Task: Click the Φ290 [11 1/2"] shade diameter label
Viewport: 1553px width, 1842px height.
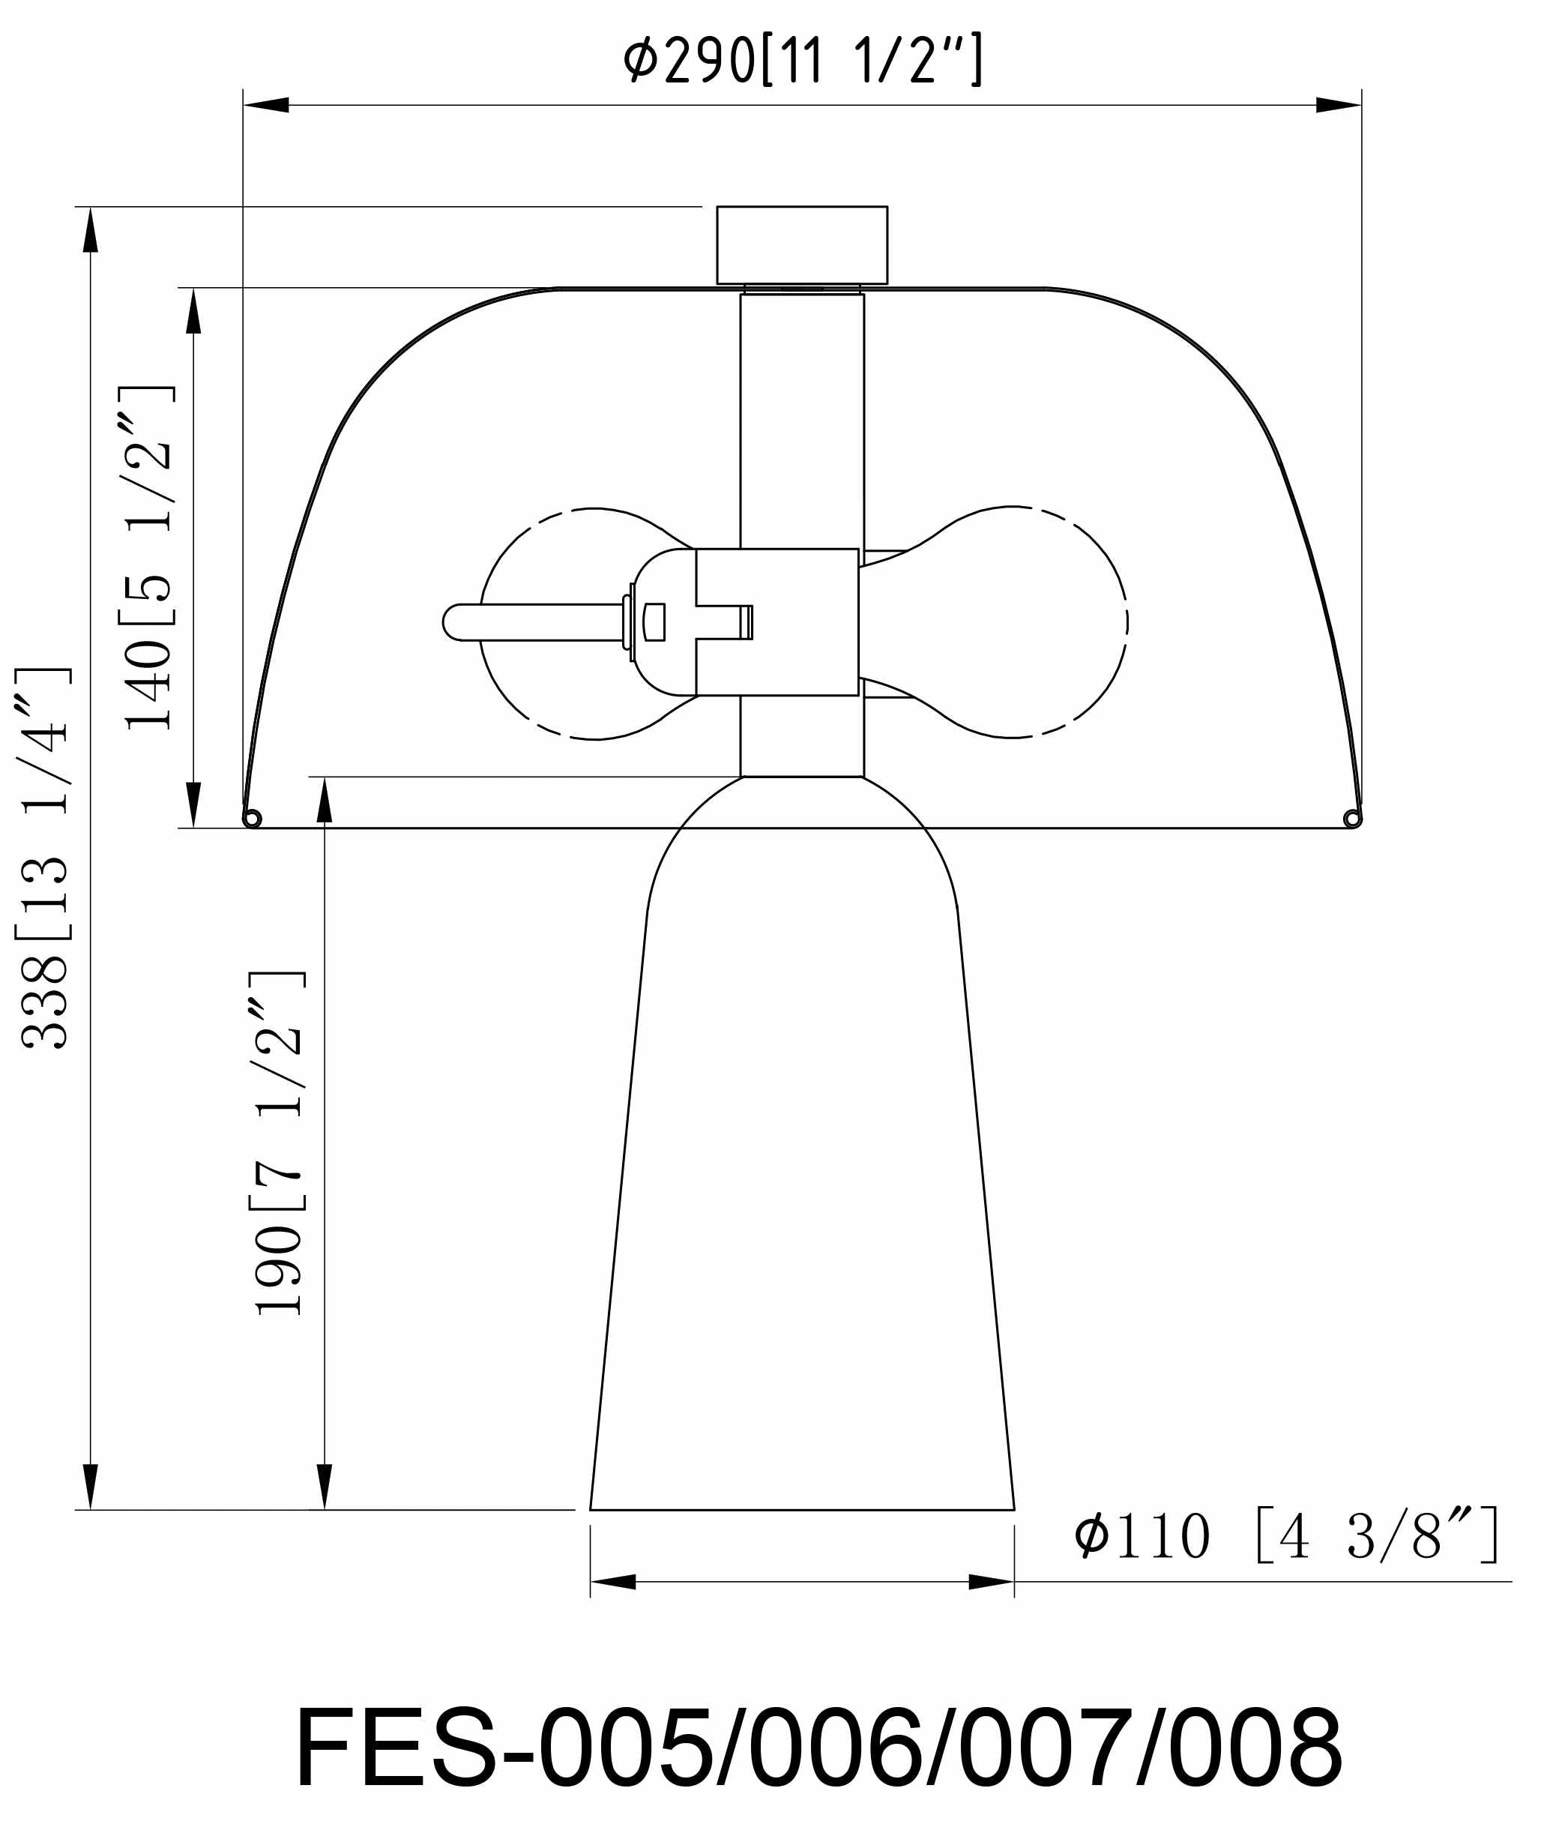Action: coord(803,60)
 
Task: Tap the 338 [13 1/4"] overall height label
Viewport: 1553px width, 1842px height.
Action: coord(43,858)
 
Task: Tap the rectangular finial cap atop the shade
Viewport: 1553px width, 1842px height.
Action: coord(802,245)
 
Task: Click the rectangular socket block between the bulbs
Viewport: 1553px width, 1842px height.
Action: coord(777,621)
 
